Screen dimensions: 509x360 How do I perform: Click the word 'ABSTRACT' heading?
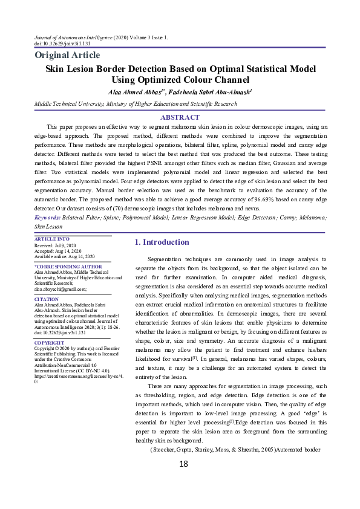pyautogui.click(x=180, y=117)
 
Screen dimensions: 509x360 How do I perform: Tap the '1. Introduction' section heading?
pyautogui.click(x=162, y=242)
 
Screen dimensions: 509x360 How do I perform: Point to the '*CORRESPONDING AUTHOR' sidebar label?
pyautogui.click(x=68, y=266)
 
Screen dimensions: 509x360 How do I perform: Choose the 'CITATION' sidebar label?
pyautogui.click(x=47, y=299)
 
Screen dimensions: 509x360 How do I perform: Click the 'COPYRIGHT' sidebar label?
pyautogui.click(x=50, y=343)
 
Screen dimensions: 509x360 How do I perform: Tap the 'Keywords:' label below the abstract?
pyautogui.click(x=47, y=216)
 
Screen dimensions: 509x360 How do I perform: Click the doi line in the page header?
pyautogui.click(x=62, y=44)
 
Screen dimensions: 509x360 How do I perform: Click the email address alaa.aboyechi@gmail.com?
pyautogui.click(x=61, y=290)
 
